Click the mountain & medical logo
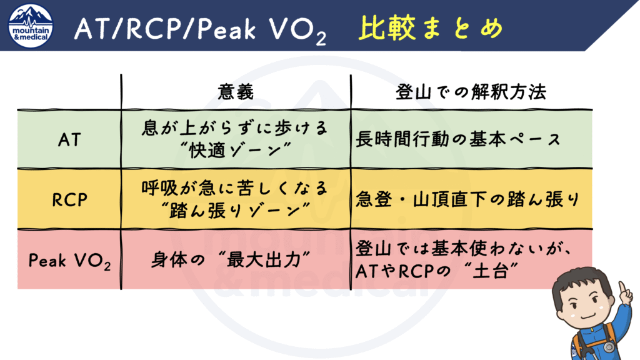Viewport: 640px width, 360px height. (x=30, y=24)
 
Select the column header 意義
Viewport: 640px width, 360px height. (x=236, y=92)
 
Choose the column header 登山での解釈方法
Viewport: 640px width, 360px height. (x=471, y=92)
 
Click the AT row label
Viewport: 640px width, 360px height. (x=69, y=139)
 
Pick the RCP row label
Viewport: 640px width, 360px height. (x=69, y=199)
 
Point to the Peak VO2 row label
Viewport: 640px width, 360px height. (x=69, y=261)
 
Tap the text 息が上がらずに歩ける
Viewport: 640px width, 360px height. (x=236, y=128)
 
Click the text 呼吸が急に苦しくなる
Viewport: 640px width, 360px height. (x=236, y=188)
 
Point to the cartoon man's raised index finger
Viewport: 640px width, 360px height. (x=622, y=289)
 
